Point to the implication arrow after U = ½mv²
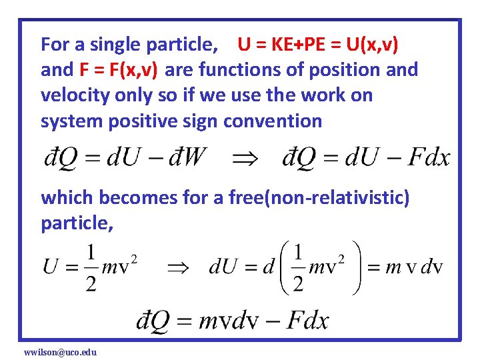[177, 267]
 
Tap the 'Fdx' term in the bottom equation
[307, 321]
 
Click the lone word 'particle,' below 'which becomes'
[77, 223]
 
